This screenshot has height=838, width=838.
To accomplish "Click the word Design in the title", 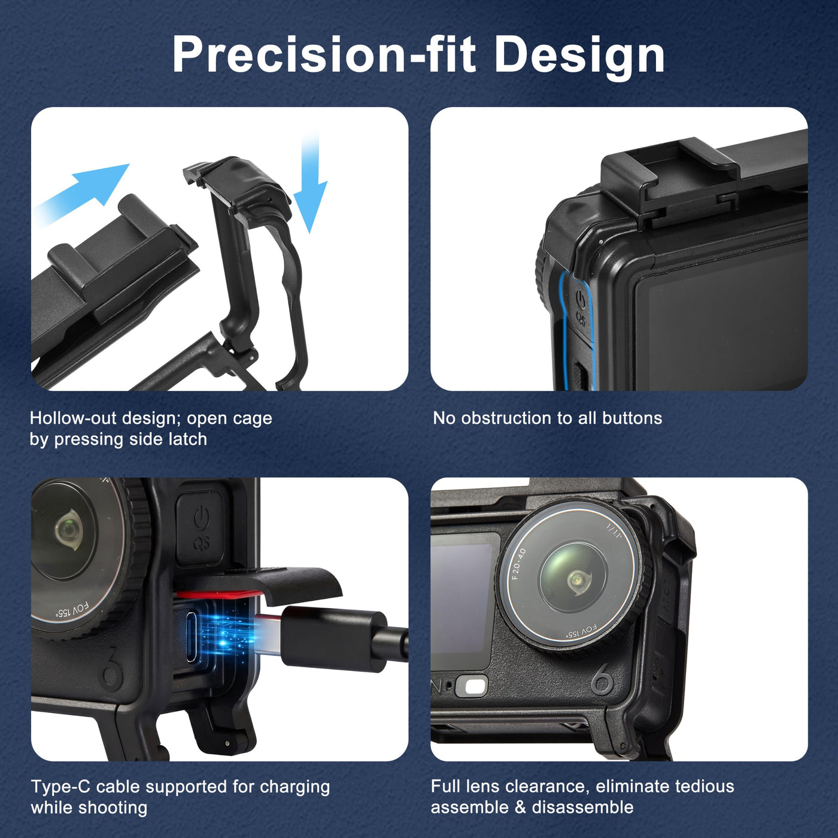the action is click(579, 56).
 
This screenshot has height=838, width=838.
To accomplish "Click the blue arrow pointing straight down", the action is click(310, 183).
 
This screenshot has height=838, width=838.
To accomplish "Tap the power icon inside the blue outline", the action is click(581, 299).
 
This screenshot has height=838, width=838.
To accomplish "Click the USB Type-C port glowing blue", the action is click(192, 637).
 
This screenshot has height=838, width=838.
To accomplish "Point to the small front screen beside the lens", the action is click(463, 601).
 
